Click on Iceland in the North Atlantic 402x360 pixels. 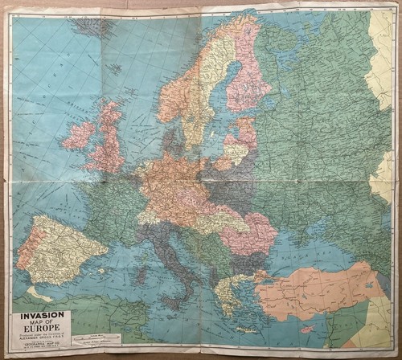coord(91,27)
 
